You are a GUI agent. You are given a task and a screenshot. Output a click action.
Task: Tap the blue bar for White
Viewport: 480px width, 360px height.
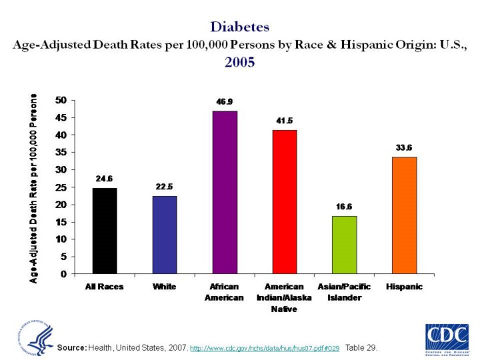point(165,235)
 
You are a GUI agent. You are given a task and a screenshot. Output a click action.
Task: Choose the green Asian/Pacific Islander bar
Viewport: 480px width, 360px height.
point(345,245)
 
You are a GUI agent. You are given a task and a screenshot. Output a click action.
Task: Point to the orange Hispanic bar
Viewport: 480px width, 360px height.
point(404,215)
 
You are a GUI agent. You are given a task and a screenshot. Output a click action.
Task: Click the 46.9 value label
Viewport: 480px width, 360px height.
point(225,102)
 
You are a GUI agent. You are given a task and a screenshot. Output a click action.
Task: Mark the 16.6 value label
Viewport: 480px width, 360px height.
point(345,207)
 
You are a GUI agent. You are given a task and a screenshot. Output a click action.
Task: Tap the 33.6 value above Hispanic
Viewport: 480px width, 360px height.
point(404,147)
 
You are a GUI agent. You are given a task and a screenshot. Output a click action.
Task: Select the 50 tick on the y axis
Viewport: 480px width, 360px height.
point(61,101)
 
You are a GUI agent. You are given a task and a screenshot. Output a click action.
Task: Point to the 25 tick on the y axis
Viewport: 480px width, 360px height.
point(61,187)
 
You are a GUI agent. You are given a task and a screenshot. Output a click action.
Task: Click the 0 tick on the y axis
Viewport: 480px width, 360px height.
point(63,274)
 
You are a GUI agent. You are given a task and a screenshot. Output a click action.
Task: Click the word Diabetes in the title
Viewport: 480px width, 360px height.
point(239,27)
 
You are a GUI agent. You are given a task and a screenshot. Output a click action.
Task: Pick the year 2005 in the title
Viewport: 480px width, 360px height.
point(239,63)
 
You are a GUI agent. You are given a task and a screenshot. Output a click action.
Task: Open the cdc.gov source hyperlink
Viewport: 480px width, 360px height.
point(265,349)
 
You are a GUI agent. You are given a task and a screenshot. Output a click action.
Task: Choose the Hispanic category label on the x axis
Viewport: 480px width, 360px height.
point(404,287)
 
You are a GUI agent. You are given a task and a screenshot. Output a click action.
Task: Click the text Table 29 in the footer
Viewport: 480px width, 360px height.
point(361,349)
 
